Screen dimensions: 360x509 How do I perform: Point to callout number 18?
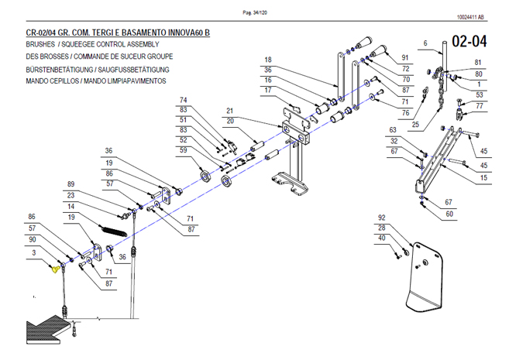pos(267,60)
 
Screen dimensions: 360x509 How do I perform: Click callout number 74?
pos(184,100)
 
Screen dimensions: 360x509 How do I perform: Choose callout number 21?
pos(230,110)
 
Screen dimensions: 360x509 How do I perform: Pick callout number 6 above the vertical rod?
pos(425,43)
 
